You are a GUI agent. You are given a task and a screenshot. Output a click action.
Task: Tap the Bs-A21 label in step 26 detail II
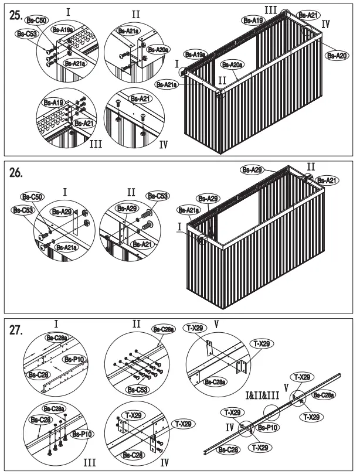142,244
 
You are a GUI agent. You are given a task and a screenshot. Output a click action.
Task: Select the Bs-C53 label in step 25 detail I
28,35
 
